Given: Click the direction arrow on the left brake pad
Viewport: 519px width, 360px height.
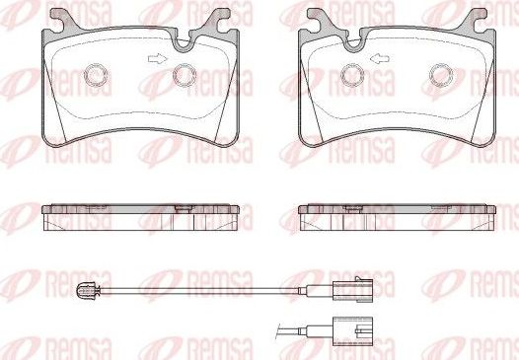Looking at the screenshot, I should (x=156, y=60).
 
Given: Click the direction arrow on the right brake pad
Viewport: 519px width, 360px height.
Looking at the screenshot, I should (x=377, y=60).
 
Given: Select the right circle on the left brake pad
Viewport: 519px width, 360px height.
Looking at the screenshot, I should (x=184, y=75).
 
